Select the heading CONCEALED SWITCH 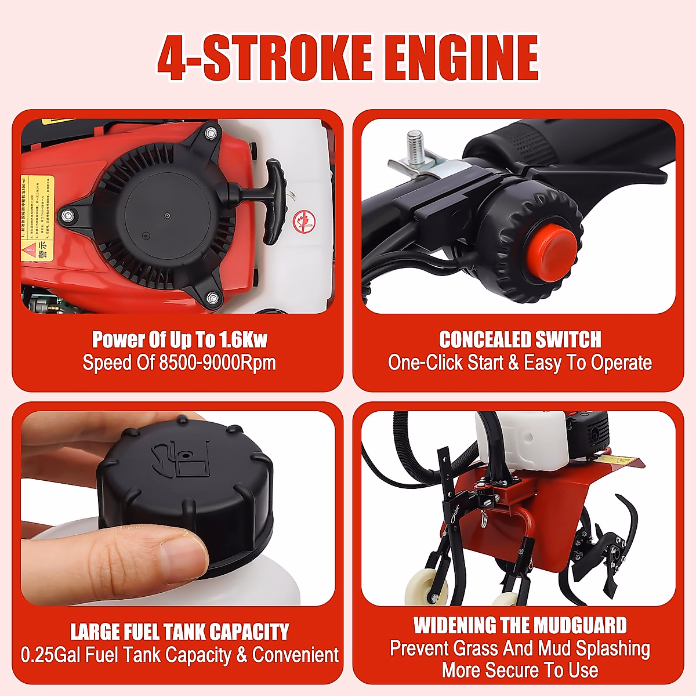[520, 339]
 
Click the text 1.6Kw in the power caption [243, 339]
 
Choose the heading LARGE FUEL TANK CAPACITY [179, 632]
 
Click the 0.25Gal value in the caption [52, 655]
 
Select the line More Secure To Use [520, 670]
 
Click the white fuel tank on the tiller [522, 441]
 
